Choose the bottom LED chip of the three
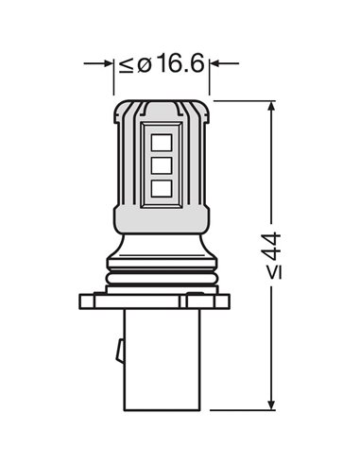[x=160, y=187]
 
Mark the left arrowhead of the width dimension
[x=108, y=64]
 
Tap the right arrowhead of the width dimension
[x=215, y=64]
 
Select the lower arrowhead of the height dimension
[x=274, y=404]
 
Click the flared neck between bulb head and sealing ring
[x=162, y=246]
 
